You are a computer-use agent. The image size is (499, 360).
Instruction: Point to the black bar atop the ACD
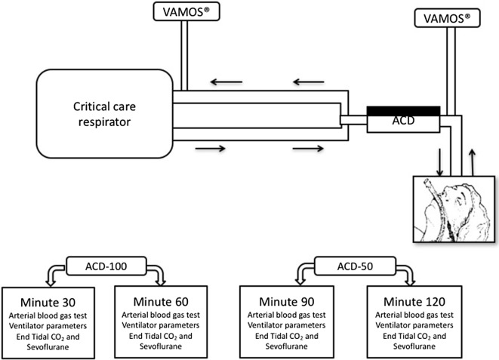404,111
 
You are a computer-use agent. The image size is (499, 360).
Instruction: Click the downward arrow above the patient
440,161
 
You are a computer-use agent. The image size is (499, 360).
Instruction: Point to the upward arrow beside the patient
473,161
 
